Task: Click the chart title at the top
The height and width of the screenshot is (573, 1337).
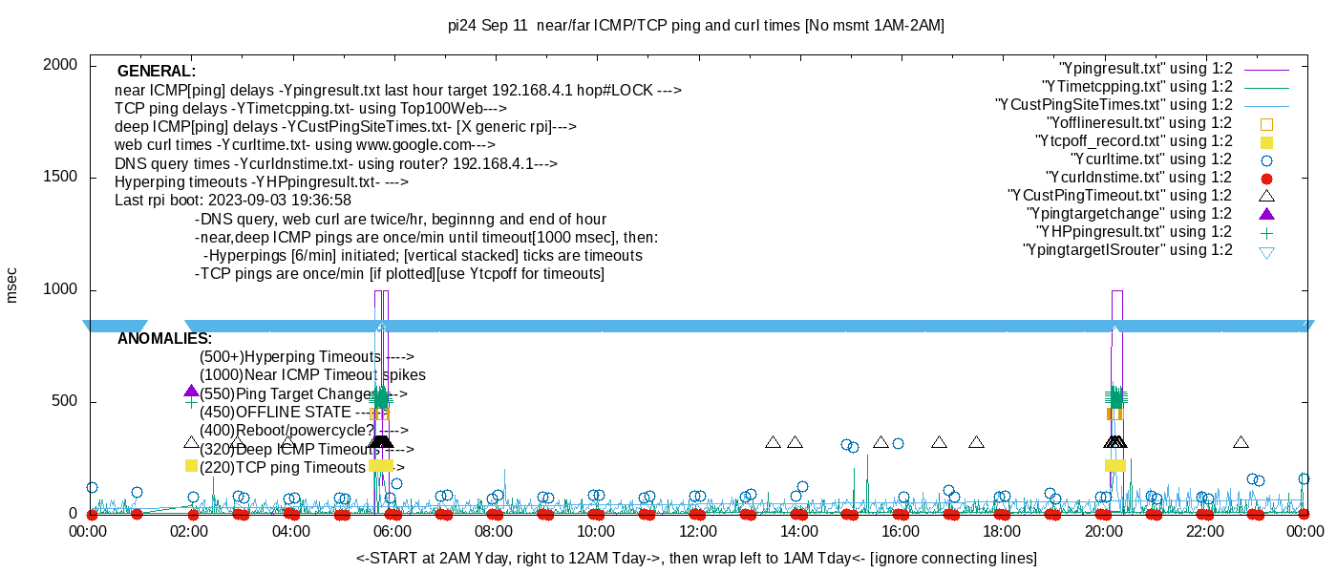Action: point(696,26)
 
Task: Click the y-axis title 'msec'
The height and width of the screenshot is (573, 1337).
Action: point(12,285)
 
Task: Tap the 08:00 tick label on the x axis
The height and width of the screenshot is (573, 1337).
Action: point(494,531)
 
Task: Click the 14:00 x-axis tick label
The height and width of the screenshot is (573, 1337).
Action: point(798,531)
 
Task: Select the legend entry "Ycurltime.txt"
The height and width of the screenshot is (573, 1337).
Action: point(1152,159)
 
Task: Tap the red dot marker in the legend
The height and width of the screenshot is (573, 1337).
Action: point(1266,178)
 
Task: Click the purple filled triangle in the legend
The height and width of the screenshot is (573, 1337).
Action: point(1266,214)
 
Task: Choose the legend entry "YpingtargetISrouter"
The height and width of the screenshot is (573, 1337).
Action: point(1127,250)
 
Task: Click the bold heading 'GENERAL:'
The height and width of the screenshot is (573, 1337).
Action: point(156,72)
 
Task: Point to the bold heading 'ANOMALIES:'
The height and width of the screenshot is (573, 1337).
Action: point(164,339)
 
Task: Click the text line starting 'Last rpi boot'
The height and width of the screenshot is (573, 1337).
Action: point(233,201)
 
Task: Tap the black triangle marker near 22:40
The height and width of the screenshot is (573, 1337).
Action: point(1241,442)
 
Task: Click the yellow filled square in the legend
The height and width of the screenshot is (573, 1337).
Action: point(1266,141)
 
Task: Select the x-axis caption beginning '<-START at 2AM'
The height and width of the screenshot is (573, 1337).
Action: point(696,558)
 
